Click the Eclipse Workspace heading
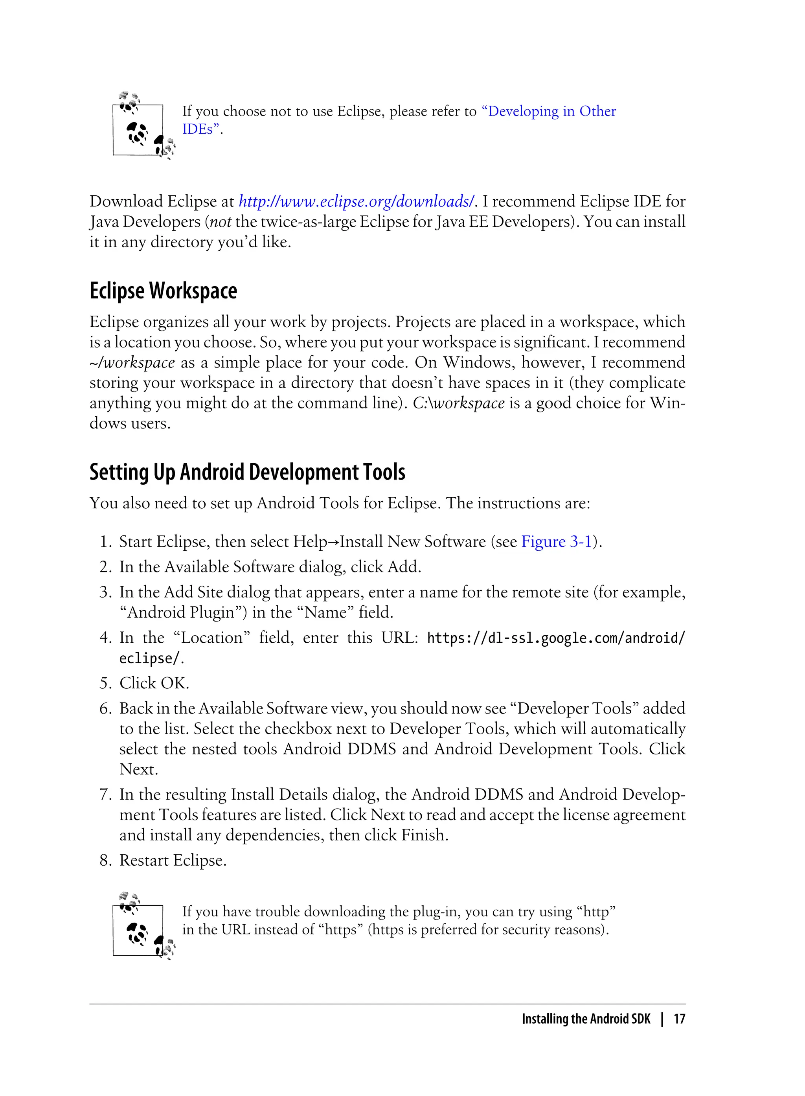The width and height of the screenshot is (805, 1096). coord(163,291)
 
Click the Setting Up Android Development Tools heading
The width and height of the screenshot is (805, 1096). coord(247,472)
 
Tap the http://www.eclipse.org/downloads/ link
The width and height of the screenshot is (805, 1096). coord(356,201)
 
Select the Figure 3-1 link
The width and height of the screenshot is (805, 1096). coord(557,541)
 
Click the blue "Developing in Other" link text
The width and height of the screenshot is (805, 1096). coord(549,111)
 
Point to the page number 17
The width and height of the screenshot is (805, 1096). coord(679,1019)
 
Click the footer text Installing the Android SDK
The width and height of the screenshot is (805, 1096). coord(586,1019)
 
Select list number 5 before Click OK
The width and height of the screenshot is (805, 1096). coord(106,683)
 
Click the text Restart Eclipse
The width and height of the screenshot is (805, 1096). coord(173,860)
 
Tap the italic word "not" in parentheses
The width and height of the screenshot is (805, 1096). coord(220,222)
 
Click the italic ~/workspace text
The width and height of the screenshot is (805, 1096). coord(132,362)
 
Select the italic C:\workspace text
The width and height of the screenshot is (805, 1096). coord(459,403)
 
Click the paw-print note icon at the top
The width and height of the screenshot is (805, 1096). coord(143,127)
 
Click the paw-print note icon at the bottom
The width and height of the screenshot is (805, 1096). coord(143,927)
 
